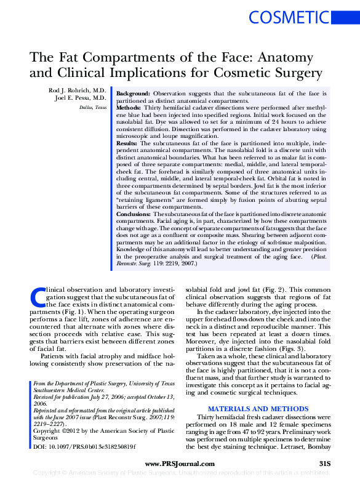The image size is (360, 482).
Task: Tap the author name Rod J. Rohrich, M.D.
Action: (x=78, y=91)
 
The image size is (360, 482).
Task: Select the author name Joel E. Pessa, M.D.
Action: (x=81, y=98)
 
